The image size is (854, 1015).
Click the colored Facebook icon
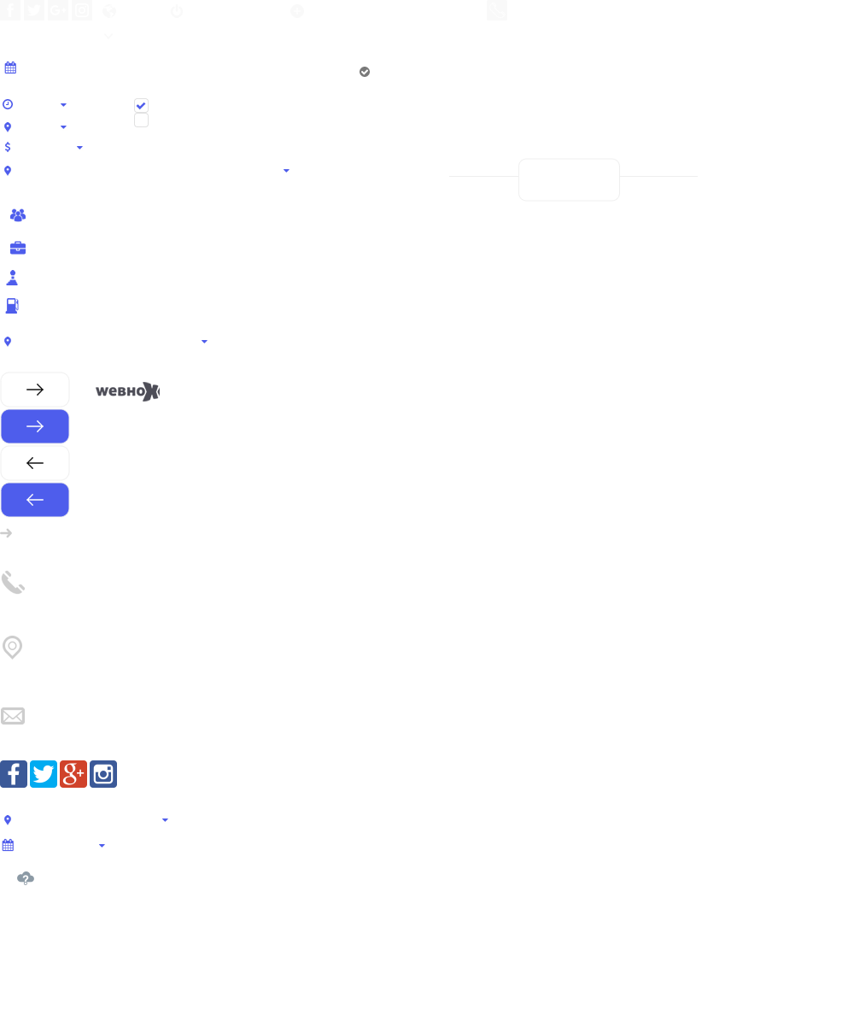click(14, 774)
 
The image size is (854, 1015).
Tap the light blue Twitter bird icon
click(44, 774)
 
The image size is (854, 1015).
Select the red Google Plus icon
click(73, 774)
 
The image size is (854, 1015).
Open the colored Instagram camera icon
click(103, 774)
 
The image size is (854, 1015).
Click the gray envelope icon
click(13, 716)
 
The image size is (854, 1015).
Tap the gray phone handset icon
click(13, 583)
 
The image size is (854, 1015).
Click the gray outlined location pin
click(13, 648)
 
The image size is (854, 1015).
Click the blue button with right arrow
click(35, 426)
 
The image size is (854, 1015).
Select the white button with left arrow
click(35, 463)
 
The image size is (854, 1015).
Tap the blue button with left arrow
click(35, 500)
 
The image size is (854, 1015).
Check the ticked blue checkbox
click(142, 105)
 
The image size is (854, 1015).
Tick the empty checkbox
click(142, 120)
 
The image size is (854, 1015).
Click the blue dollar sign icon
click(8, 147)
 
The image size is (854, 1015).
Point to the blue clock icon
click(8, 104)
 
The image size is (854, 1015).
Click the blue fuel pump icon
click(12, 306)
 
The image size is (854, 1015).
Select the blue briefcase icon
click(18, 249)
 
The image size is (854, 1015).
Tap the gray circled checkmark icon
click(365, 72)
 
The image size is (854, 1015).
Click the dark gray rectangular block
click(127, 391)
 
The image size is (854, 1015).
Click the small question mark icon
click(26, 878)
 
